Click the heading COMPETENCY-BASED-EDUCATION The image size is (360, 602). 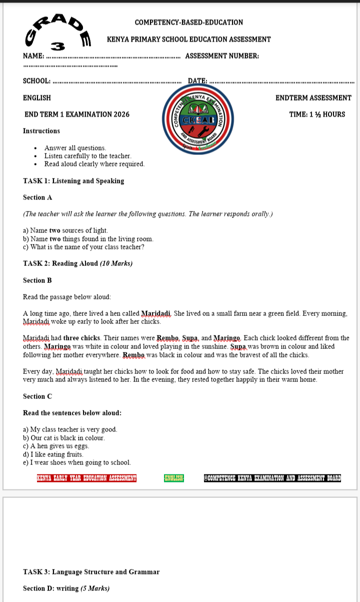188,22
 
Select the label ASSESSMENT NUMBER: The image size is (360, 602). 222,56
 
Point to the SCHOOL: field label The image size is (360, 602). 36,81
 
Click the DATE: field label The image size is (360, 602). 197,81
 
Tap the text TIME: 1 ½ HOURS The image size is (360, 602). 317,114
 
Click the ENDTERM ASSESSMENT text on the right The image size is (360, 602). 313,98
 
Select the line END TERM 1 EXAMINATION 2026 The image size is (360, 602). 77,114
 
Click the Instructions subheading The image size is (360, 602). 41,131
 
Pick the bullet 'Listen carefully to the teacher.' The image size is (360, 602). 87,156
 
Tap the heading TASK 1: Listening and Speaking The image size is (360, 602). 73,181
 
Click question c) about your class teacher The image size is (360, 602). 83,247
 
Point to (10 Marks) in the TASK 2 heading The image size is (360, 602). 116,263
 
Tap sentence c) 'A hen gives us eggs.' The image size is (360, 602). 56,446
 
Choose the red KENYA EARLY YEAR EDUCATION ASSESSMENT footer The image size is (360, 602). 86,478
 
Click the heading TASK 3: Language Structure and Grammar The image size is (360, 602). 91,572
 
